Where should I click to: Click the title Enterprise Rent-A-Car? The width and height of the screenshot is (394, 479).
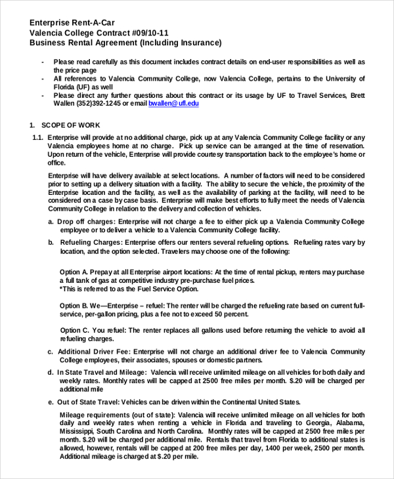[72, 22]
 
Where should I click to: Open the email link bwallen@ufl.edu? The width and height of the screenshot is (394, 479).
[173, 104]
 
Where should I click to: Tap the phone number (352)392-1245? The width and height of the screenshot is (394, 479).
[100, 104]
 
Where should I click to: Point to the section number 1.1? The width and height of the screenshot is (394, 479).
[37, 137]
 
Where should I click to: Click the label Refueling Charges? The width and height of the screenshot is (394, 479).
[91, 243]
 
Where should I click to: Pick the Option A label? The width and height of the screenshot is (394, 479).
[74, 272]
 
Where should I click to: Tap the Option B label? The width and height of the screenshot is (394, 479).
[74, 306]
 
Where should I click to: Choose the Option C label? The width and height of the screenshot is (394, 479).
[75, 330]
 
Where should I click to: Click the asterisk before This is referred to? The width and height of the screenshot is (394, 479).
[61, 289]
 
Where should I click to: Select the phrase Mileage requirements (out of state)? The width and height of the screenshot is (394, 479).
[118, 415]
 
